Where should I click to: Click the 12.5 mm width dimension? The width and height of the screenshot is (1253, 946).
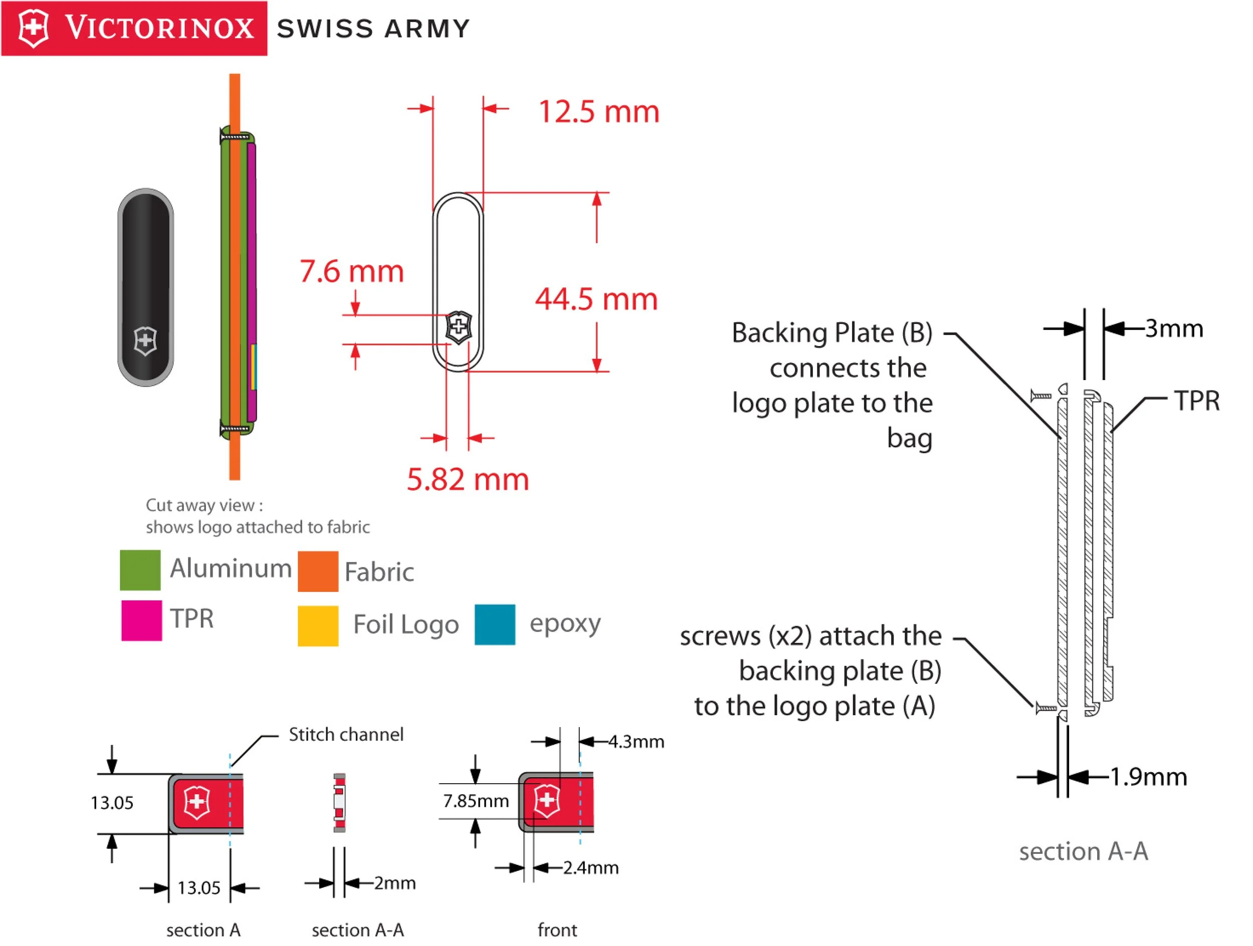(599, 112)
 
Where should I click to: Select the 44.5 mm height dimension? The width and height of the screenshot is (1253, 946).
(596, 299)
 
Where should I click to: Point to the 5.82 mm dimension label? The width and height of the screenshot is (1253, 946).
(468, 480)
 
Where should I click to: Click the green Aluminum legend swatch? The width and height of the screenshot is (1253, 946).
(140, 570)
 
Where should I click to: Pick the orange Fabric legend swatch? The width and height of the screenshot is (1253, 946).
(318, 571)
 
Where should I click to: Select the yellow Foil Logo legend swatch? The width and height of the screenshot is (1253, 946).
(318, 625)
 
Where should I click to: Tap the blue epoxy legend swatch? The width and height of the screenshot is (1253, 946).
(495, 624)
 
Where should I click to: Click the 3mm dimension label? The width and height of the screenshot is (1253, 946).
(1174, 329)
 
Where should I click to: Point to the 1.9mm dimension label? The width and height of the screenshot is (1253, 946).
(1148, 777)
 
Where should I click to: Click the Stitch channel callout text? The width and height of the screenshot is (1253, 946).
(346, 734)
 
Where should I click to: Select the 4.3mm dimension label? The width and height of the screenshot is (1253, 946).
(636, 742)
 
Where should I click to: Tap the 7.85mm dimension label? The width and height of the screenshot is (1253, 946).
(476, 801)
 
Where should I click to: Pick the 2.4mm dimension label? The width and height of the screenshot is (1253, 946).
(591, 868)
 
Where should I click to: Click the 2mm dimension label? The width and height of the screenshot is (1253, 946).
(395, 883)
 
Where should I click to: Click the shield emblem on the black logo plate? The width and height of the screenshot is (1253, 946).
(145, 341)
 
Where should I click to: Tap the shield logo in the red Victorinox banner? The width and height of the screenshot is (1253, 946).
(34, 29)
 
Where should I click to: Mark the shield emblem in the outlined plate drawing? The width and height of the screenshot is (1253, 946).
(458, 327)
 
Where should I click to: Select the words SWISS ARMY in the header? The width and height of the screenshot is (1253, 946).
(374, 29)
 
